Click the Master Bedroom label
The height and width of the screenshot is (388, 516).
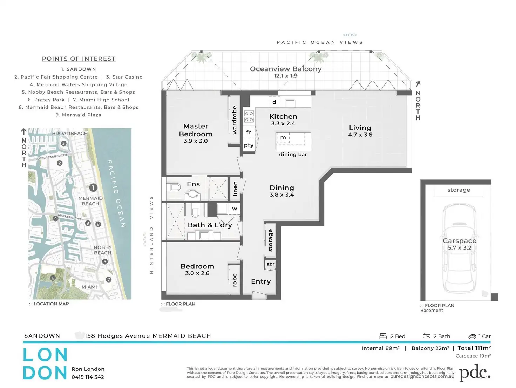pos(196,130)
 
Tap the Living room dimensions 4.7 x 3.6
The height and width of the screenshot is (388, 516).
pos(360,135)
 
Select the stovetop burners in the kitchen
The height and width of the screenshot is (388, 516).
pos(249,117)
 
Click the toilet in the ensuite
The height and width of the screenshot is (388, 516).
pos(174,187)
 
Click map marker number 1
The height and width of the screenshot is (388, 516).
pos(93,188)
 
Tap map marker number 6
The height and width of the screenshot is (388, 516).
pos(53,278)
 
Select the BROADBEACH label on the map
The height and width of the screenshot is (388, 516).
pos(70,134)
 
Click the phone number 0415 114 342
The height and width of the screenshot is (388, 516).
pos(88,377)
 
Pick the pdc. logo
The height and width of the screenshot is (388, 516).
pos(475,373)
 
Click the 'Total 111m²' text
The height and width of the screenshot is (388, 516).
pos(474,348)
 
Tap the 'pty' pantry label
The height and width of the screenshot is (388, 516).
pos(249,145)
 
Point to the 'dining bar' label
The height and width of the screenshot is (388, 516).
pos(293,155)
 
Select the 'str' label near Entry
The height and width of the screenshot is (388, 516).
pos(270,264)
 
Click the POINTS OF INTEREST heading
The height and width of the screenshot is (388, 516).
pos(79,59)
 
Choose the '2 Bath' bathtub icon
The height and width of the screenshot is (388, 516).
pos(426,335)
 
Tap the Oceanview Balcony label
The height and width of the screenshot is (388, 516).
pos(286,69)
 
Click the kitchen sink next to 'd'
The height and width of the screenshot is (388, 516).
pos(290,103)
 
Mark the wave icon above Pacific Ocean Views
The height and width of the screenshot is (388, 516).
pos(350,35)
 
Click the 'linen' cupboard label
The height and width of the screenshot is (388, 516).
pos(235,189)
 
